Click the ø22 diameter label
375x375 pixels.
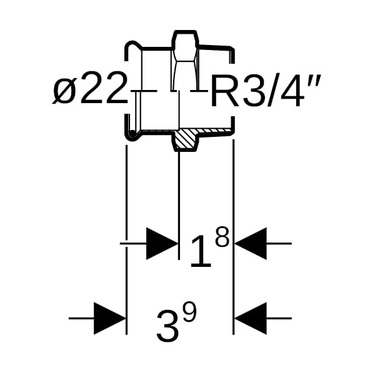[91, 91]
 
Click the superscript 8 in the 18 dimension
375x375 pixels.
[222, 237]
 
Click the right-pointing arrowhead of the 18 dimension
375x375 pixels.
[161, 243]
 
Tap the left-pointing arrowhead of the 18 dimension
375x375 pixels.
[251, 243]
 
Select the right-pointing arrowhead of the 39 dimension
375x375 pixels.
[109, 318]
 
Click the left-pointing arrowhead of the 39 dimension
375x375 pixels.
[251, 318]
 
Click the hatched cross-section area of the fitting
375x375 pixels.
[185, 139]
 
